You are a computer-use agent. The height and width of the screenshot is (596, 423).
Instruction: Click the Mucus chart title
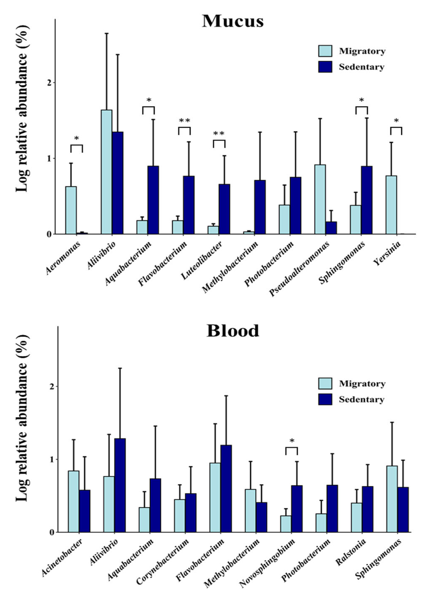[233, 21]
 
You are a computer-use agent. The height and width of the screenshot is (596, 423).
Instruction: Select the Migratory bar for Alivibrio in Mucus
[107, 172]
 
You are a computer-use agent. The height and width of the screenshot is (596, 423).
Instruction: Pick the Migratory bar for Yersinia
[391, 205]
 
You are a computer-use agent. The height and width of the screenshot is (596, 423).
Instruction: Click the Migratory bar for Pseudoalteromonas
[320, 199]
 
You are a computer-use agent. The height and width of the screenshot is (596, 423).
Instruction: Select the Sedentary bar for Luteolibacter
[224, 209]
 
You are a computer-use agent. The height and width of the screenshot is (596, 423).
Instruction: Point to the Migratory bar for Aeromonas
[71, 210]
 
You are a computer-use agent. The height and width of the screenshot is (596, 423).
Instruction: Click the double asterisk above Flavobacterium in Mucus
[184, 121]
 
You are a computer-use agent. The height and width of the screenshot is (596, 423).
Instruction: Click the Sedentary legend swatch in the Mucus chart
[325, 67]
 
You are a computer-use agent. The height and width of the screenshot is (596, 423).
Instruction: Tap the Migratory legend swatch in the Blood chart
[325, 384]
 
